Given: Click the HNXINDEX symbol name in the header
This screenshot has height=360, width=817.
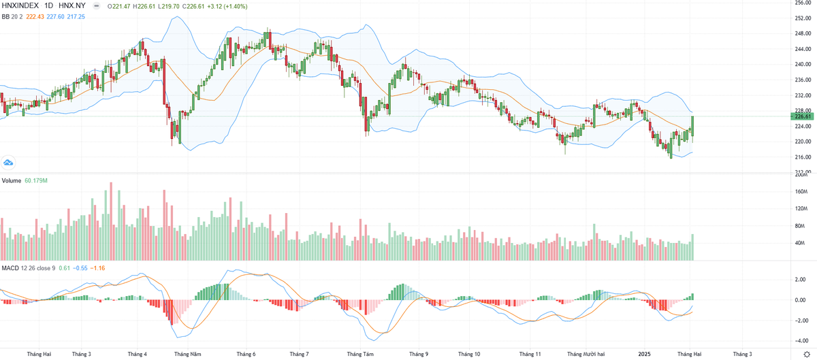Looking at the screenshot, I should pyautogui.click(x=20, y=5).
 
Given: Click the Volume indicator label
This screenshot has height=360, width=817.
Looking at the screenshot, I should pyautogui.click(x=12, y=180).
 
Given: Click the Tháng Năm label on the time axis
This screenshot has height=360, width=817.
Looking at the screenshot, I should pyautogui.click(x=187, y=354).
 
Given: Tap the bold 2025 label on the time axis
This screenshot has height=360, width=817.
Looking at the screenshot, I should pyautogui.click(x=643, y=354).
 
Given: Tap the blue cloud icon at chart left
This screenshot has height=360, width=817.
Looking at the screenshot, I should pyautogui.click(x=9, y=162).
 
